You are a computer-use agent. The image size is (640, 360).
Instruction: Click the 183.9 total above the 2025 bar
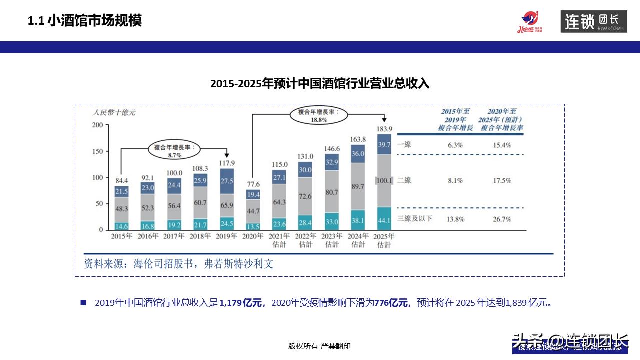tap(384, 129)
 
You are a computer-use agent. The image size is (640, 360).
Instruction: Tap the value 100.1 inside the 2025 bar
tap(384, 181)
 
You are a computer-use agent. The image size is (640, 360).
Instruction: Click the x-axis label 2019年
tap(226, 236)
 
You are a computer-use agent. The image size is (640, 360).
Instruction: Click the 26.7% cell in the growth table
tap(501, 219)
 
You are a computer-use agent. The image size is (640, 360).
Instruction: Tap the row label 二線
tap(404, 181)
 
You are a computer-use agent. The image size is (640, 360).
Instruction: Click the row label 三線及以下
tap(414, 219)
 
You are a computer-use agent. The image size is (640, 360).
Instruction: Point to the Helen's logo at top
tap(530, 22)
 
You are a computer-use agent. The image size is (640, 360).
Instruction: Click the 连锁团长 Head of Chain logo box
tap(593, 22)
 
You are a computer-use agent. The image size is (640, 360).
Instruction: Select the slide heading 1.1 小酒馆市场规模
tap(85, 21)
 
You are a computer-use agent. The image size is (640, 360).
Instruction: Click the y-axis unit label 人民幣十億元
tap(114, 112)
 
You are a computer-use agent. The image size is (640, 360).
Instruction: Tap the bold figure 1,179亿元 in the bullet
tap(241, 303)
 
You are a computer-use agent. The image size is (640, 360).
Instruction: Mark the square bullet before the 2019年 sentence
tap(83, 303)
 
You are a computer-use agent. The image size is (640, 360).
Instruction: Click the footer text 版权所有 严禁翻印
tap(319, 346)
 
